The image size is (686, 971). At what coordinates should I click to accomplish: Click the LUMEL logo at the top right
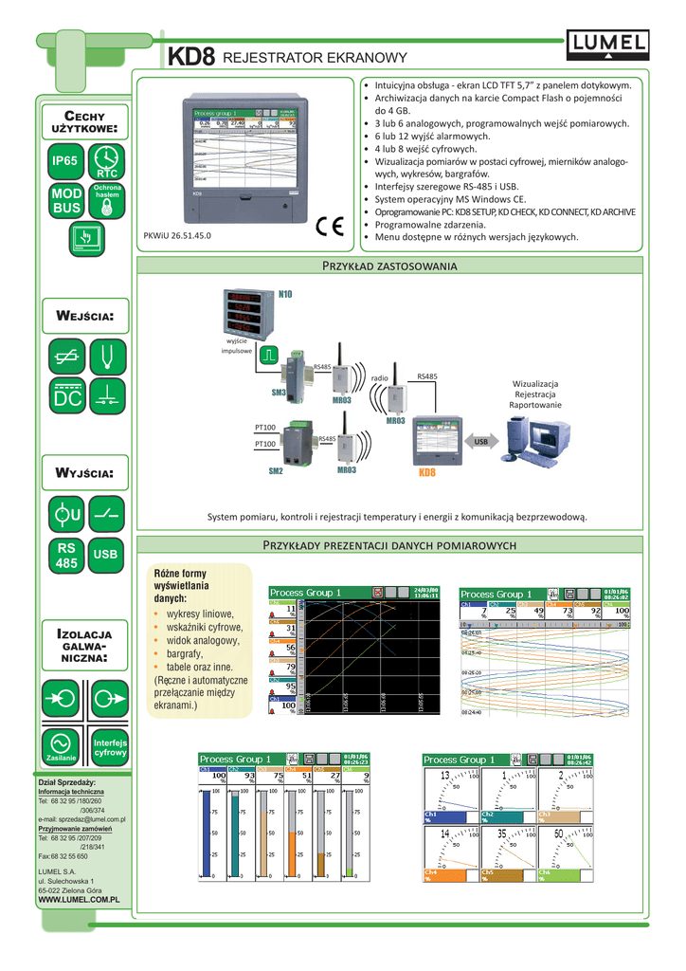point(608,41)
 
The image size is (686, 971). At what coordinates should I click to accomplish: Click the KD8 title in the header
point(192,58)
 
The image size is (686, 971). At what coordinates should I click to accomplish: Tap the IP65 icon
point(65,160)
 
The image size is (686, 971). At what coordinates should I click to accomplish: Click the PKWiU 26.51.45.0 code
point(175,234)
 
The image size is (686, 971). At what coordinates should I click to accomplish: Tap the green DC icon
point(65,395)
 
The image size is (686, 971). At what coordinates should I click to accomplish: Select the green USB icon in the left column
point(106,554)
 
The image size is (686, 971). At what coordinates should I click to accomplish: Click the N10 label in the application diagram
point(285,295)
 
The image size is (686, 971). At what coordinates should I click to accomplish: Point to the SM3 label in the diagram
point(279,392)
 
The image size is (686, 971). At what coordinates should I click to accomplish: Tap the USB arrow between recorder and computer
point(480,441)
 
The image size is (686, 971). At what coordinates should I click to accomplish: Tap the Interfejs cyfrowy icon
point(109,745)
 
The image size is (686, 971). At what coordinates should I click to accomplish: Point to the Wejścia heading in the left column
point(86,314)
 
